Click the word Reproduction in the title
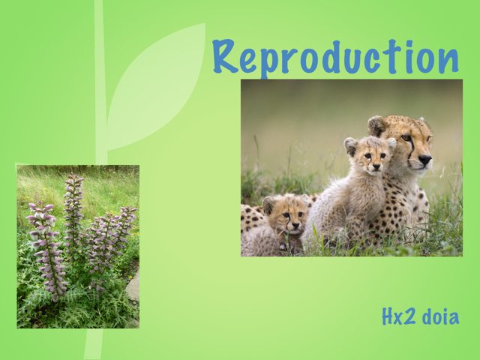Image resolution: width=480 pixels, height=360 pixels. click(x=335, y=57)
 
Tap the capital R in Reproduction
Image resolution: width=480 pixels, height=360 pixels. click(x=226, y=56)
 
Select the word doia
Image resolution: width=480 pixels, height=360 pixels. click(x=440, y=316)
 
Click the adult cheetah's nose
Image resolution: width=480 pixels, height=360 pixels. click(x=424, y=159)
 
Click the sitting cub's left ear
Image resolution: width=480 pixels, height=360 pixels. click(x=350, y=145)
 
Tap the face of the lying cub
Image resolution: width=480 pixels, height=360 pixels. click(x=289, y=217)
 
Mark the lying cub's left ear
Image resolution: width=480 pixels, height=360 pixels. click(x=268, y=204)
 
